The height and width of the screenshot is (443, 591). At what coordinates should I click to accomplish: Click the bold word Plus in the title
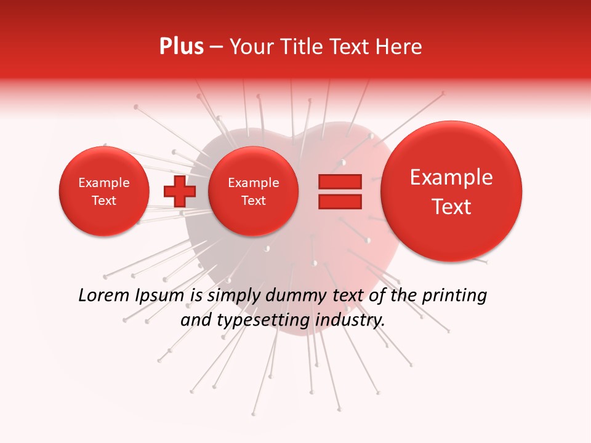point(181,46)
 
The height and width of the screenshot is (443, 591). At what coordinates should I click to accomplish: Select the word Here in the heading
point(400,46)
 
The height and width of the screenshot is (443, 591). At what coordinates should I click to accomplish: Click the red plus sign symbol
point(179,191)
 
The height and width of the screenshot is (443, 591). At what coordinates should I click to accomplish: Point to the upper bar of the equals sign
point(339,182)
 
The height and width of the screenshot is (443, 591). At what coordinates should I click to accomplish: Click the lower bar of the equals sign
point(339,201)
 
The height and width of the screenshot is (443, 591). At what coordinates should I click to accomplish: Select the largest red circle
point(451,191)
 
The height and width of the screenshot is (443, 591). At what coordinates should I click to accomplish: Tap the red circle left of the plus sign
point(104,191)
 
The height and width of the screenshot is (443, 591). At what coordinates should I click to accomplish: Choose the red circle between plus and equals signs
point(254,191)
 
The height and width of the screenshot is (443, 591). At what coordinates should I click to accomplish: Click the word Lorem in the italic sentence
point(103,296)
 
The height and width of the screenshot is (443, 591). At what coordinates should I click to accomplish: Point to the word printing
point(454,296)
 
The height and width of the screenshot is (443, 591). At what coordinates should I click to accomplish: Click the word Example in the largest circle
point(451,177)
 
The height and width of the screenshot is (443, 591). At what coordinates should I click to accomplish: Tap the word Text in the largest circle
point(451,207)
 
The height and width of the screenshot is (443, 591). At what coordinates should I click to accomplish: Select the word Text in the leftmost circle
point(104,201)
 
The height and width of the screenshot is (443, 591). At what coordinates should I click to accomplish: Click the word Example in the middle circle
point(254,183)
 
